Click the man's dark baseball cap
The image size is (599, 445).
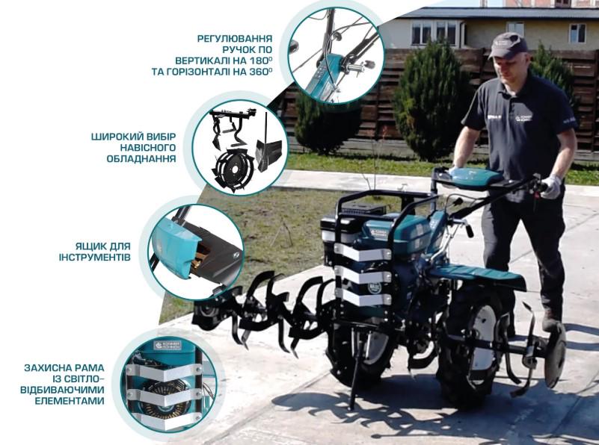508,46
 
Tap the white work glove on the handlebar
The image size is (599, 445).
551,186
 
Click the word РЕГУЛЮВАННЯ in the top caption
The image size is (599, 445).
234,38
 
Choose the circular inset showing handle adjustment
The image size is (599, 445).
336,56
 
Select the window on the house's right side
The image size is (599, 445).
577,33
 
